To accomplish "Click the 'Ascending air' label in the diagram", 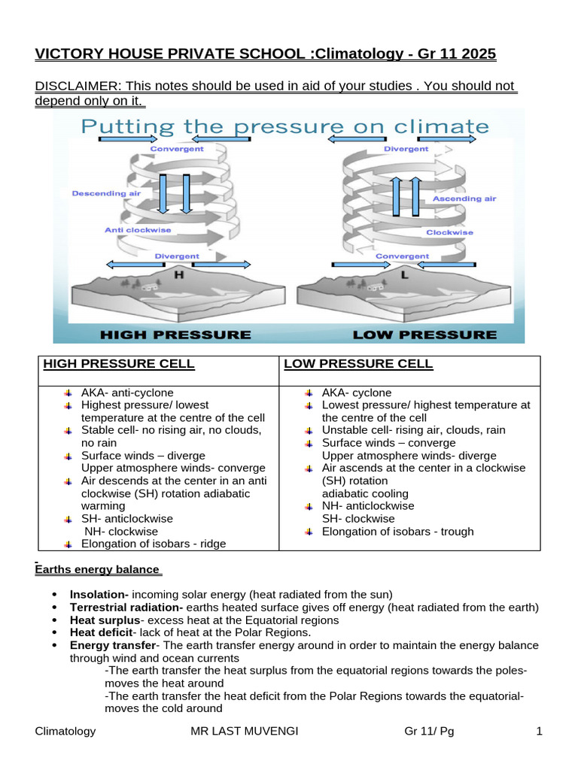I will [464, 199].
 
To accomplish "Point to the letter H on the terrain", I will [178, 275].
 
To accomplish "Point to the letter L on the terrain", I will [405, 275].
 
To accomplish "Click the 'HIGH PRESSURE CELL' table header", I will [119, 365].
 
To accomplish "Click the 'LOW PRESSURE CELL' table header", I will [358, 365].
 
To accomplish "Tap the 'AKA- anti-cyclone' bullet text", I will [127, 393].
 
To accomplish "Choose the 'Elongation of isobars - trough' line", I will [397, 532].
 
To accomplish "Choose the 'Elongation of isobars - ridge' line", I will [154, 544].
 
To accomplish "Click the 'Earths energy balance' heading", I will [98, 570].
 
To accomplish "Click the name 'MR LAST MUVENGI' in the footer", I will [239, 731].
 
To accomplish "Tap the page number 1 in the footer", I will [539, 731].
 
